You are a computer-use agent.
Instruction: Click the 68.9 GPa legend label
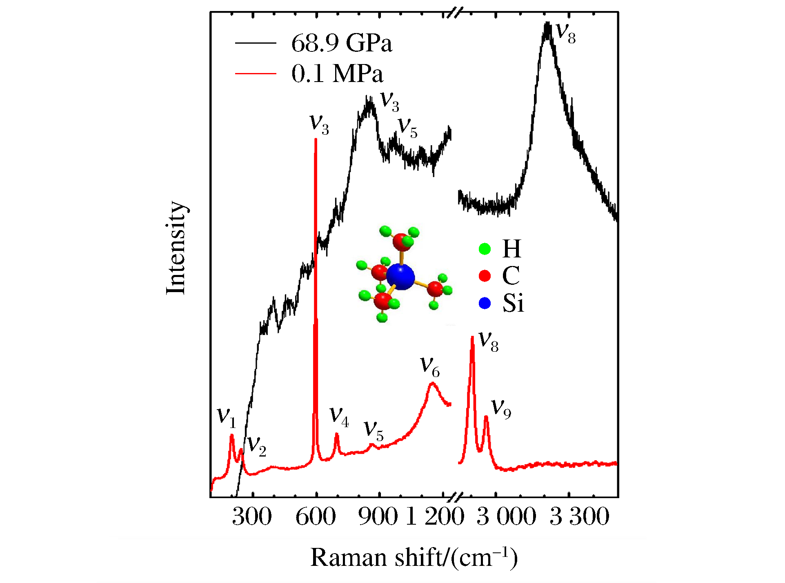click(x=341, y=43)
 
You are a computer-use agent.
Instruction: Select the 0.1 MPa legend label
click(x=337, y=74)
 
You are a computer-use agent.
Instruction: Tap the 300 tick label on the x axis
click(x=252, y=516)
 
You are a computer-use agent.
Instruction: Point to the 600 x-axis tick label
click(x=316, y=516)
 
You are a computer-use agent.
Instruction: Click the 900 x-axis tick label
click(x=378, y=516)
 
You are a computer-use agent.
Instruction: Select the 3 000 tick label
click(x=506, y=516)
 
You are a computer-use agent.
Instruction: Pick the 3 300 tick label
click(x=579, y=516)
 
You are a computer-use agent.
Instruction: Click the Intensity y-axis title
click(x=176, y=248)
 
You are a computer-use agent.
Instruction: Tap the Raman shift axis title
click(x=414, y=557)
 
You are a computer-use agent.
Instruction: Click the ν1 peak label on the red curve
click(x=227, y=417)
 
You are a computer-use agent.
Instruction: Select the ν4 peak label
click(x=339, y=417)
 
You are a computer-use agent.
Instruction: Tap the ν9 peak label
click(x=501, y=408)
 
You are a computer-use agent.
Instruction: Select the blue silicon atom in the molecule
click(x=400, y=277)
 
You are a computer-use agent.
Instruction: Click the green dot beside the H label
click(x=485, y=249)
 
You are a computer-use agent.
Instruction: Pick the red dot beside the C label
click(x=485, y=276)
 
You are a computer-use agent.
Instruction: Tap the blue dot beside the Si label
click(x=485, y=303)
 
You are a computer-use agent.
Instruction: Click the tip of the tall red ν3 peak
click(x=316, y=140)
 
